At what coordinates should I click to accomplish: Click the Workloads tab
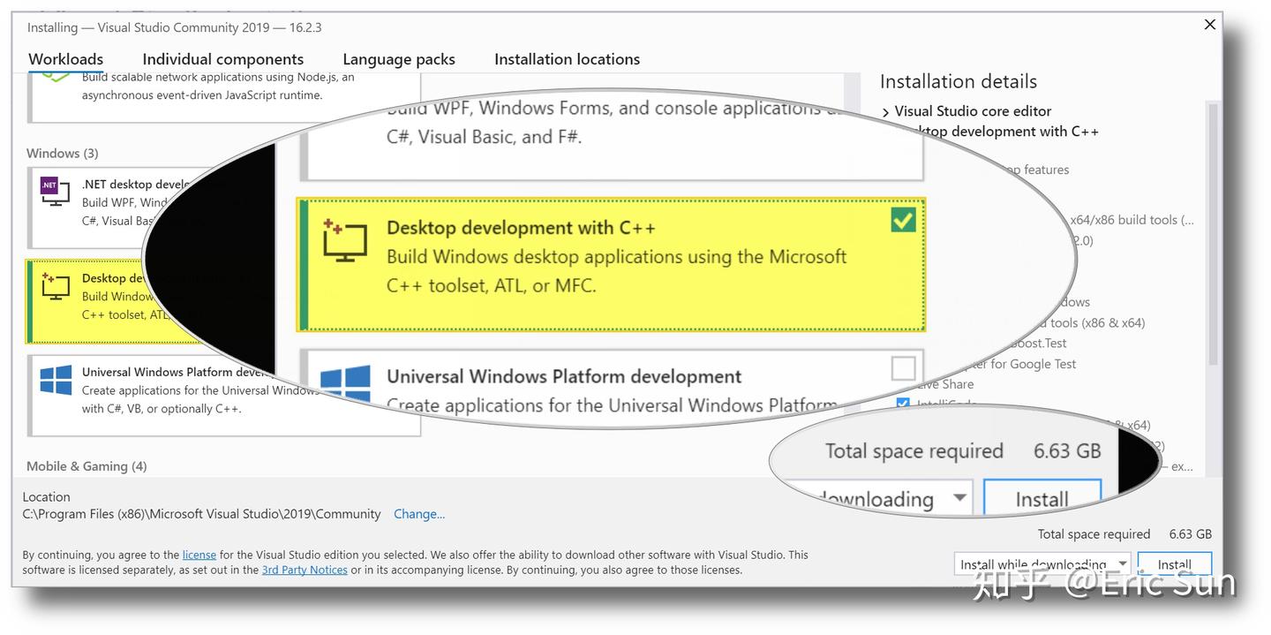[65, 59]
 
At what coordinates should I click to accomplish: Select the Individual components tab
[222, 59]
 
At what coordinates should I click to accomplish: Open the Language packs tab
[399, 59]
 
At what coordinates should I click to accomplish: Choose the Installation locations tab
[567, 59]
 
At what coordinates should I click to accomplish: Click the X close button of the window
[1210, 25]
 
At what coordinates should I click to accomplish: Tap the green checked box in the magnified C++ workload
[903, 220]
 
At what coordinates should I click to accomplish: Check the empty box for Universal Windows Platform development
[903, 367]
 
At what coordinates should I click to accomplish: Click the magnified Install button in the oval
[1042, 499]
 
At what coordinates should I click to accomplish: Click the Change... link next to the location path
[419, 514]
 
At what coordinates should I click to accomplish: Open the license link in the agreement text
[199, 555]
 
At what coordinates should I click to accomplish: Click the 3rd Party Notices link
[305, 570]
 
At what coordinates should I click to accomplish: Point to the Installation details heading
[958, 81]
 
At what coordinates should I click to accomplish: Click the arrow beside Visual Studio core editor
[886, 112]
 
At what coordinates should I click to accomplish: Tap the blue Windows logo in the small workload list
[56, 381]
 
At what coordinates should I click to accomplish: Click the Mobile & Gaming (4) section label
[86, 466]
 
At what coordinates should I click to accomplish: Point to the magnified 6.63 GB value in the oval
[1067, 451]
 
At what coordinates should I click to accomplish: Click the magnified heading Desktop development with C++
[521, 228]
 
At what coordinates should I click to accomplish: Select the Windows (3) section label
[63, 154]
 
